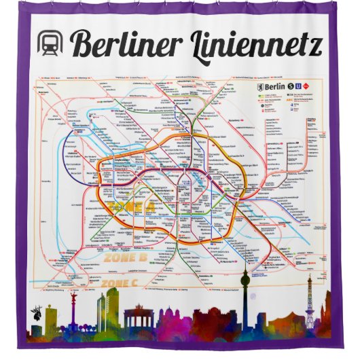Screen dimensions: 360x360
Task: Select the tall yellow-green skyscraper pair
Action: [x=107, y=309]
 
